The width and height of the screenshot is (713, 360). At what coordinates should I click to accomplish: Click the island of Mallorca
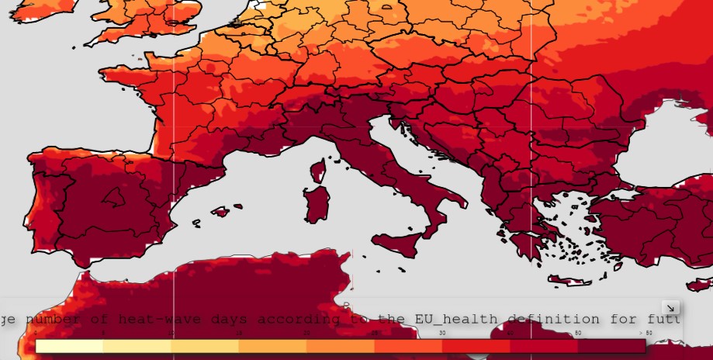point(221,211)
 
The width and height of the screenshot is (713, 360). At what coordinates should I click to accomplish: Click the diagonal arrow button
point(671,308)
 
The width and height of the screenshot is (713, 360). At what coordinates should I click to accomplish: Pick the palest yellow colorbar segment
point(70,346)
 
